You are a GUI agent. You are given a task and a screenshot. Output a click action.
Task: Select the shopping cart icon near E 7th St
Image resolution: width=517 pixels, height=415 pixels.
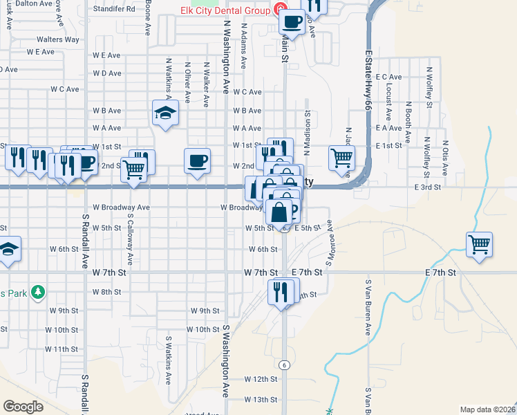(x=479, y=244)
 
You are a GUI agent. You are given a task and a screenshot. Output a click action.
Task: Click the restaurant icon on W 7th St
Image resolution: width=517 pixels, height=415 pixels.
(x=281, y=291)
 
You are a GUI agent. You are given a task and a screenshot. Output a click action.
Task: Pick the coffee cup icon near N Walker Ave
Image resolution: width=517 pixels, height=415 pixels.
(x=198, y=160)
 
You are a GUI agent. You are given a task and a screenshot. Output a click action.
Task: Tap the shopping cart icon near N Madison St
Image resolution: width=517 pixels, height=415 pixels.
(x=342, y=158)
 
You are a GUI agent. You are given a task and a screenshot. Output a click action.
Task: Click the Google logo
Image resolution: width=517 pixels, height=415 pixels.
(x=23, y=406)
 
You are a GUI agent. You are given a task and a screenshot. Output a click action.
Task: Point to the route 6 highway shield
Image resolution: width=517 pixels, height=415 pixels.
(x=283, y=365)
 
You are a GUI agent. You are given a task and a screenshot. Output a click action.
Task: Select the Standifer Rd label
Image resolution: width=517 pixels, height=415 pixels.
(x=115, y=10)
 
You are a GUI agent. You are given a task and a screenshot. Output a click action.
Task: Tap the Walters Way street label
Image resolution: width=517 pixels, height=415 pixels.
(x=58, y=40)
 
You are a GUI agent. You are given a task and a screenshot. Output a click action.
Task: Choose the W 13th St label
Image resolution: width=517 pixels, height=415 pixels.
(x=260, y=400)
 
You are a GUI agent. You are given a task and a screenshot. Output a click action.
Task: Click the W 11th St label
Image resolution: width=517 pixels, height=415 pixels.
(x=62, y=349)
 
